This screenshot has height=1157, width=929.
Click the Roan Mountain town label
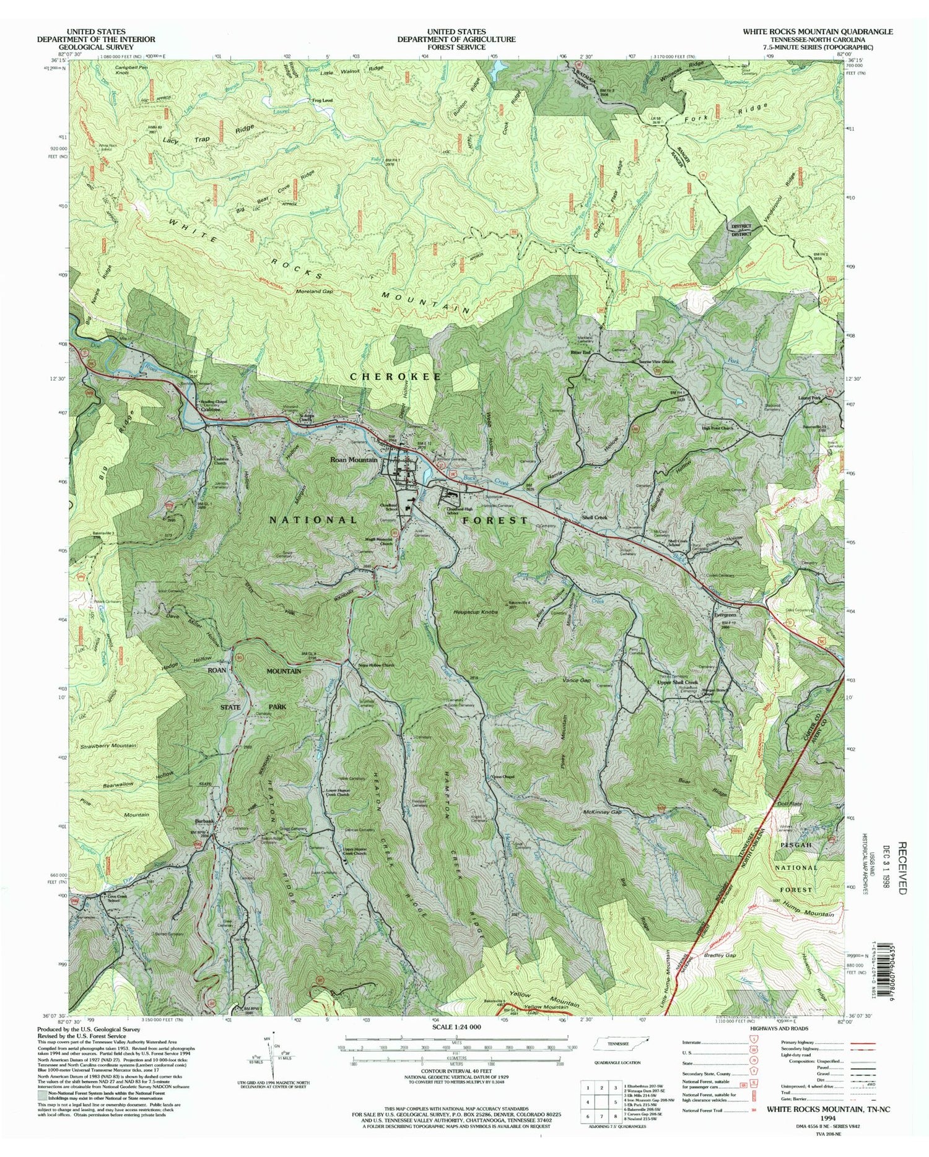pos(354,460)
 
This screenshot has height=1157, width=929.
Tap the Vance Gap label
pos(577,680)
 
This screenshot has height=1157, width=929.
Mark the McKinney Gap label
pos(601,811)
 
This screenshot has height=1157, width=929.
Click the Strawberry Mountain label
pos(108,745)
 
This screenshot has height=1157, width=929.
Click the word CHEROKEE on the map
pos(396,376)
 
